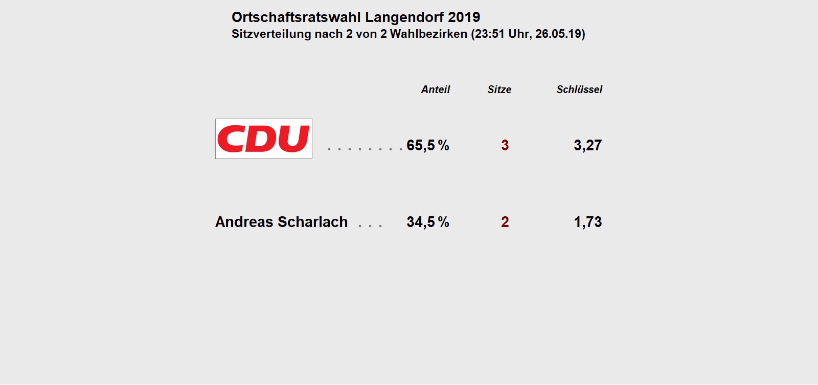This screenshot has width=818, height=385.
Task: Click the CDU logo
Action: tap(263, 139)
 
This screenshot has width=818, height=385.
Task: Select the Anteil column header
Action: tap(435, 89)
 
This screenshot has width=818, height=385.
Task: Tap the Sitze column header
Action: tap(499, 89)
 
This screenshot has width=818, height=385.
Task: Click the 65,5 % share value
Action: tap(427, 145)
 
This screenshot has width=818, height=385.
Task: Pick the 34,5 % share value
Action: tap(427, 222)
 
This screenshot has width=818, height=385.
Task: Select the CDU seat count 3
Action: tap(505, 145)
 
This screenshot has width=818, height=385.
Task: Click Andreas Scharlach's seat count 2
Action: tap(505, 222)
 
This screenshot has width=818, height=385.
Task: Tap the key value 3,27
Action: tap(587, 145)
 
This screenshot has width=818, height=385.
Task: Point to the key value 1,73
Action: tap(587, 222)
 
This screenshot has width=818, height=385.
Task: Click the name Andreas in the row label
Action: tap(244, 222)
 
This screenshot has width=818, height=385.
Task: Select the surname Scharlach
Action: tap(312, 222)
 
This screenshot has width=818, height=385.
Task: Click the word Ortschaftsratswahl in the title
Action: tap(296, 17)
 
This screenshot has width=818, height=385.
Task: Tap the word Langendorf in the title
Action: tap(404, 17)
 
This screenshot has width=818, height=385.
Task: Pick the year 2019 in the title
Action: tap(464, 17)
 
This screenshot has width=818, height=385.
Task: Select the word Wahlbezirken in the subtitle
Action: tap(428, 34)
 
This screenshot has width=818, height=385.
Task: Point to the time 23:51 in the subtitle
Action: tap(491, 34)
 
